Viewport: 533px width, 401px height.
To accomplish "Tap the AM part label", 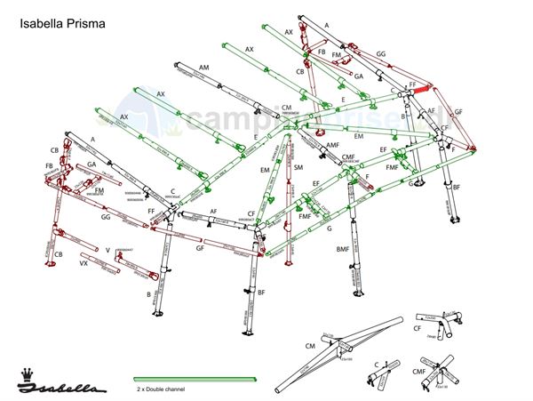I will (x=204, y=68).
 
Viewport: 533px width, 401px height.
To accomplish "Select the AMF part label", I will (x=332, y=145).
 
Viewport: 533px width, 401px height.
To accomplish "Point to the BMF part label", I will (x=342, y=250).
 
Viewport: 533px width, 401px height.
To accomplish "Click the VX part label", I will (x=84, y=264).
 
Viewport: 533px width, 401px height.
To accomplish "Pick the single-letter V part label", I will (x=107, y=250).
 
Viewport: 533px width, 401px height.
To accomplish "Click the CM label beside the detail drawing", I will (x=310, y=345).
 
